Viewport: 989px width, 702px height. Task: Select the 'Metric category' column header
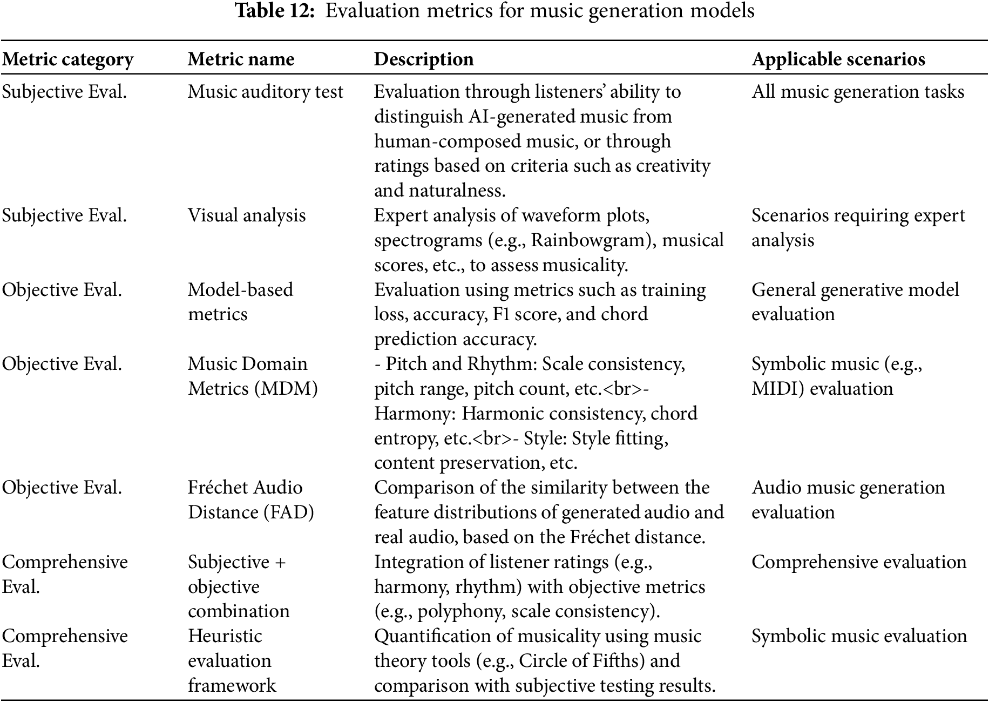[x=67, y=59]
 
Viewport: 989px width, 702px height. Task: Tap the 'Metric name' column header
[x=241, y=59]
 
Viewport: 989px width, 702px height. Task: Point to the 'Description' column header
[x=424, y=59]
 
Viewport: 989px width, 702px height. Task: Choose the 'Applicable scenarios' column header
[x=838, y=59]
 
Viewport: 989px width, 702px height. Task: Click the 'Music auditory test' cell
[x=265, y=92]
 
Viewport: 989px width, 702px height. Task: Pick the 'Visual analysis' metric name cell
[x=247, y=215]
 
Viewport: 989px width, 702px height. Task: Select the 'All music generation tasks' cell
[x=858, y=92]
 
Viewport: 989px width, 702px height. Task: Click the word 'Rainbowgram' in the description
[x=589, y=240]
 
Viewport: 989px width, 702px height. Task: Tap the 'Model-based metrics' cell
[x=240, y=302]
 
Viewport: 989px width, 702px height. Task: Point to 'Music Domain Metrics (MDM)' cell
[x=253, y=376]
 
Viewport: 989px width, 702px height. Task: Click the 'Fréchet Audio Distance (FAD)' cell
[x=251, y=500]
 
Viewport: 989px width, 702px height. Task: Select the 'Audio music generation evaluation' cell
[x=848, y=500]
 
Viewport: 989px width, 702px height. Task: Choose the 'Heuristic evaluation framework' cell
[x=232, y=660]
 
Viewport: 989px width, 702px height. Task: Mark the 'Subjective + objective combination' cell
[x=239, y=586]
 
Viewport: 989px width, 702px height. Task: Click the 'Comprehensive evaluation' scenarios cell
[x=858, y=562]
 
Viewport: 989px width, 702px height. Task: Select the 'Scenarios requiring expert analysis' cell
[x=858, y=227]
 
